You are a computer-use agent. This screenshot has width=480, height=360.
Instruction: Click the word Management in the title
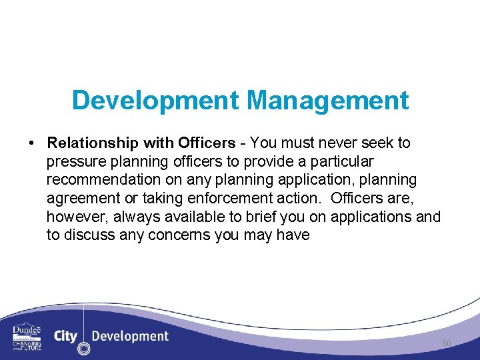click(x=327, y=101)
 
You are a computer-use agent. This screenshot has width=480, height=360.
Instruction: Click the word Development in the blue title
click(x=155, y=101)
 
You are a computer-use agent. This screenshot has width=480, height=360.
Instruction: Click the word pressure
click(x=74, y=162)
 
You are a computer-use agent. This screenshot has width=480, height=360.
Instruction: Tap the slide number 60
click(x=447, y=343)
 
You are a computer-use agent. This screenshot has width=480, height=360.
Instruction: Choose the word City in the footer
click(x=65, y=336)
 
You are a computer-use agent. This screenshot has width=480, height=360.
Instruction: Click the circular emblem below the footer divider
click(x=83, y=348)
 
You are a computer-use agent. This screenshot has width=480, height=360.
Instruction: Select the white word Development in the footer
click(x=130, y=336)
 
